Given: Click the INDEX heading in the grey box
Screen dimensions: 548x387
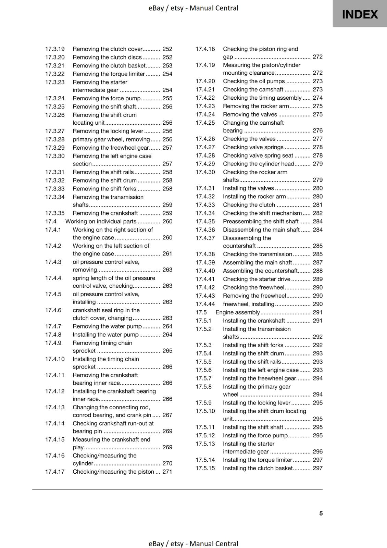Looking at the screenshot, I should (360, 14).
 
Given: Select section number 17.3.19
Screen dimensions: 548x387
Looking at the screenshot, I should (55, 49).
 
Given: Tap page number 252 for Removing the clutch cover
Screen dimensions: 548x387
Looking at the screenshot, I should (167, 49).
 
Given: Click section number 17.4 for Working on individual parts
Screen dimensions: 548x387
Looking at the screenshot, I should (50, 221).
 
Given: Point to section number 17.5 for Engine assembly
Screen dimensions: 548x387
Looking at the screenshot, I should (201, 312).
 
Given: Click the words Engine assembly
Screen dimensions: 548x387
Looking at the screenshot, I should (238, 312).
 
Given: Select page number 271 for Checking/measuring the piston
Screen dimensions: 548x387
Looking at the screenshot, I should (167, 472).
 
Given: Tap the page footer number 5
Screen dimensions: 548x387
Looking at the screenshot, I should (321, 513).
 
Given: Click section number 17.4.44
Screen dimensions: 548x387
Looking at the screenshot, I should (205, 304).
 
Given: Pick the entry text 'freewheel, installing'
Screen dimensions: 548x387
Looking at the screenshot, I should (249, 304).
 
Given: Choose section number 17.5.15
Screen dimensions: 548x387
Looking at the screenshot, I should (205, 468).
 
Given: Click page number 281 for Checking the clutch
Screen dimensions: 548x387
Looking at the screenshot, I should (317, 205).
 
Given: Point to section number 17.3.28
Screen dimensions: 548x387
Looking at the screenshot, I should (55, 139).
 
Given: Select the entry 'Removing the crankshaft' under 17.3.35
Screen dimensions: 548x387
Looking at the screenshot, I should (105, 213).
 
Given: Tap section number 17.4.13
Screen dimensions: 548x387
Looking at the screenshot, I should (55, 407).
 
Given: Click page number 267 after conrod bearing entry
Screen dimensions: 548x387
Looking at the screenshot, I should (167, 415).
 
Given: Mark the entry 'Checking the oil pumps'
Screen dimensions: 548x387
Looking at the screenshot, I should (254, 81).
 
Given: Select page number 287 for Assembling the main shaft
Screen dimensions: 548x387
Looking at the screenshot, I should (317, 262).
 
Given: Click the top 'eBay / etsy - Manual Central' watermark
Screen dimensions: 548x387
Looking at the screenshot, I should (193, 8).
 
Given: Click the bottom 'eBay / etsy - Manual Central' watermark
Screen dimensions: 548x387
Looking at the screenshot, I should (193, 544).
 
